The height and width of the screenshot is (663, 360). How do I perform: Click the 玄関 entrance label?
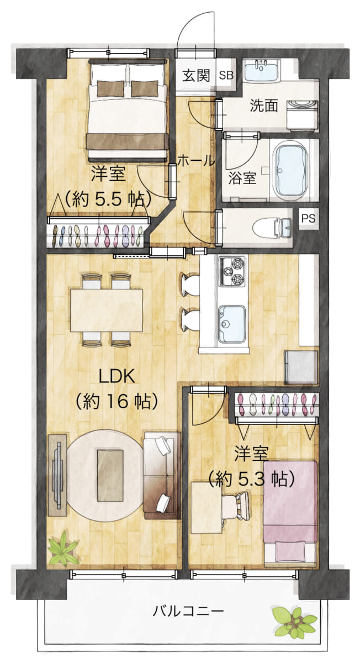[x=195, y=76]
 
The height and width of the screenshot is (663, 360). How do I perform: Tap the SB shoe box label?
[x=226, y=76]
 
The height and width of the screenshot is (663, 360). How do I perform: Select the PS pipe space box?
[x=309, y=219]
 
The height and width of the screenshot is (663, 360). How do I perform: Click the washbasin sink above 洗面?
[x=261, y=70]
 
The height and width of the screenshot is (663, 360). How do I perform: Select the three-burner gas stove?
[x=232, y=271]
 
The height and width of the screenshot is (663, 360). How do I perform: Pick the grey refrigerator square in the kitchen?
[x=300, y=367]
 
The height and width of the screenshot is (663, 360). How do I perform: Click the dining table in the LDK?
[x=106, y=310]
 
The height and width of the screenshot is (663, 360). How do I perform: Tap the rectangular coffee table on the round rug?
[x=110, y=476]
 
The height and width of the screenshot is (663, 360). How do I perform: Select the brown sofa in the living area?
[x=162, y=476]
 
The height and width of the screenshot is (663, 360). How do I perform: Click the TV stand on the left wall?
[x=57, y=475]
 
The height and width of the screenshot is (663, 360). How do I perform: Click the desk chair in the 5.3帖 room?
[x=236, y=507]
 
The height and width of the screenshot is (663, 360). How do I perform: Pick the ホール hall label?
[x=196, y=160]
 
